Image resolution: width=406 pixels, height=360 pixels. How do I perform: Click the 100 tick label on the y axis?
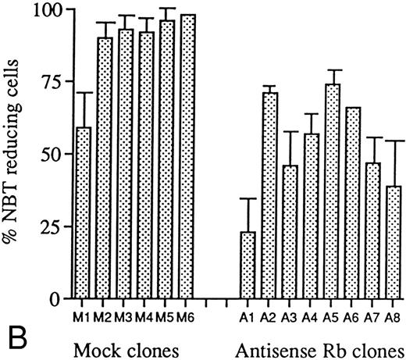52,10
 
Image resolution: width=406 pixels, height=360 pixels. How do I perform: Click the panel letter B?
16,339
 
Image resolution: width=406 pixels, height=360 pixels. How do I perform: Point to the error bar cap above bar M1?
84,93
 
